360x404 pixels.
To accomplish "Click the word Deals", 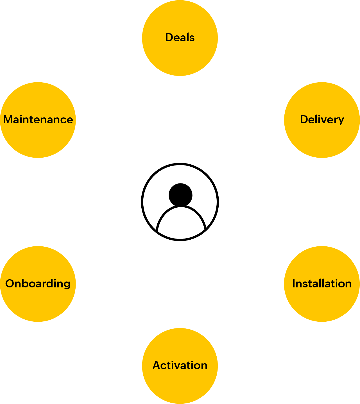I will pyautogui.click(x=180, y=38).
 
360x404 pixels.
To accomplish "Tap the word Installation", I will pyautogui.click(x=322, y=284).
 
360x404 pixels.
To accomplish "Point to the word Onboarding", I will pyautogui.click(x=38, y=284).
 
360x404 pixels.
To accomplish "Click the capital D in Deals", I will pyautogui.click(x=169, y=38).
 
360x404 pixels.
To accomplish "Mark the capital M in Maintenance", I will pyautogui.click(x=8, y=120).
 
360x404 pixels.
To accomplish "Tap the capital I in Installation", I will pyautogui.click(x=294, y=284).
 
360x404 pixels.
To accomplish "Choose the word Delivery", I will pyautogui.click(x=322, y=120).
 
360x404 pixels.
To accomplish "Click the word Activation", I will pyautogui.click(x=180, y=366).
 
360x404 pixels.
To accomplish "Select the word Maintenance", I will pyautogui.click(x=38, y=120).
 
